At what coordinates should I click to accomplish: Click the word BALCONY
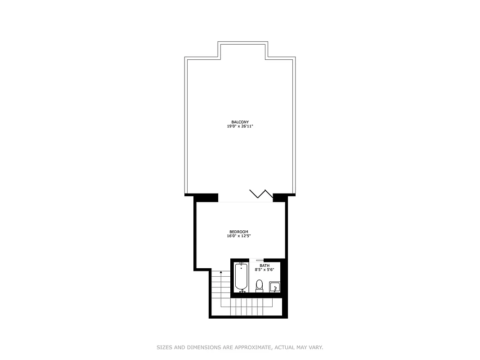[x=240, y=122]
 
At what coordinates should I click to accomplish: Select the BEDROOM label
[x=238, y=232]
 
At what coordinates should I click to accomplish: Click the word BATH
[x=265, y=265]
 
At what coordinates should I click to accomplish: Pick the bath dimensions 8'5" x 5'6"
[x=265, y=270]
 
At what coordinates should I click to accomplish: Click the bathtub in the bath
[x=242, y=277]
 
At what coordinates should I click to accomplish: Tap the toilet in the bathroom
[x=259, y=286]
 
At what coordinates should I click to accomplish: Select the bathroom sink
[x=274, y=287]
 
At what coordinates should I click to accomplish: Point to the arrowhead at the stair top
[x=220, y=272]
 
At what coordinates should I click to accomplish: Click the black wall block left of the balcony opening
[x=202, y=197]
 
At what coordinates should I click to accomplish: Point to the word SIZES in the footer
[x=165, y=347]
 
